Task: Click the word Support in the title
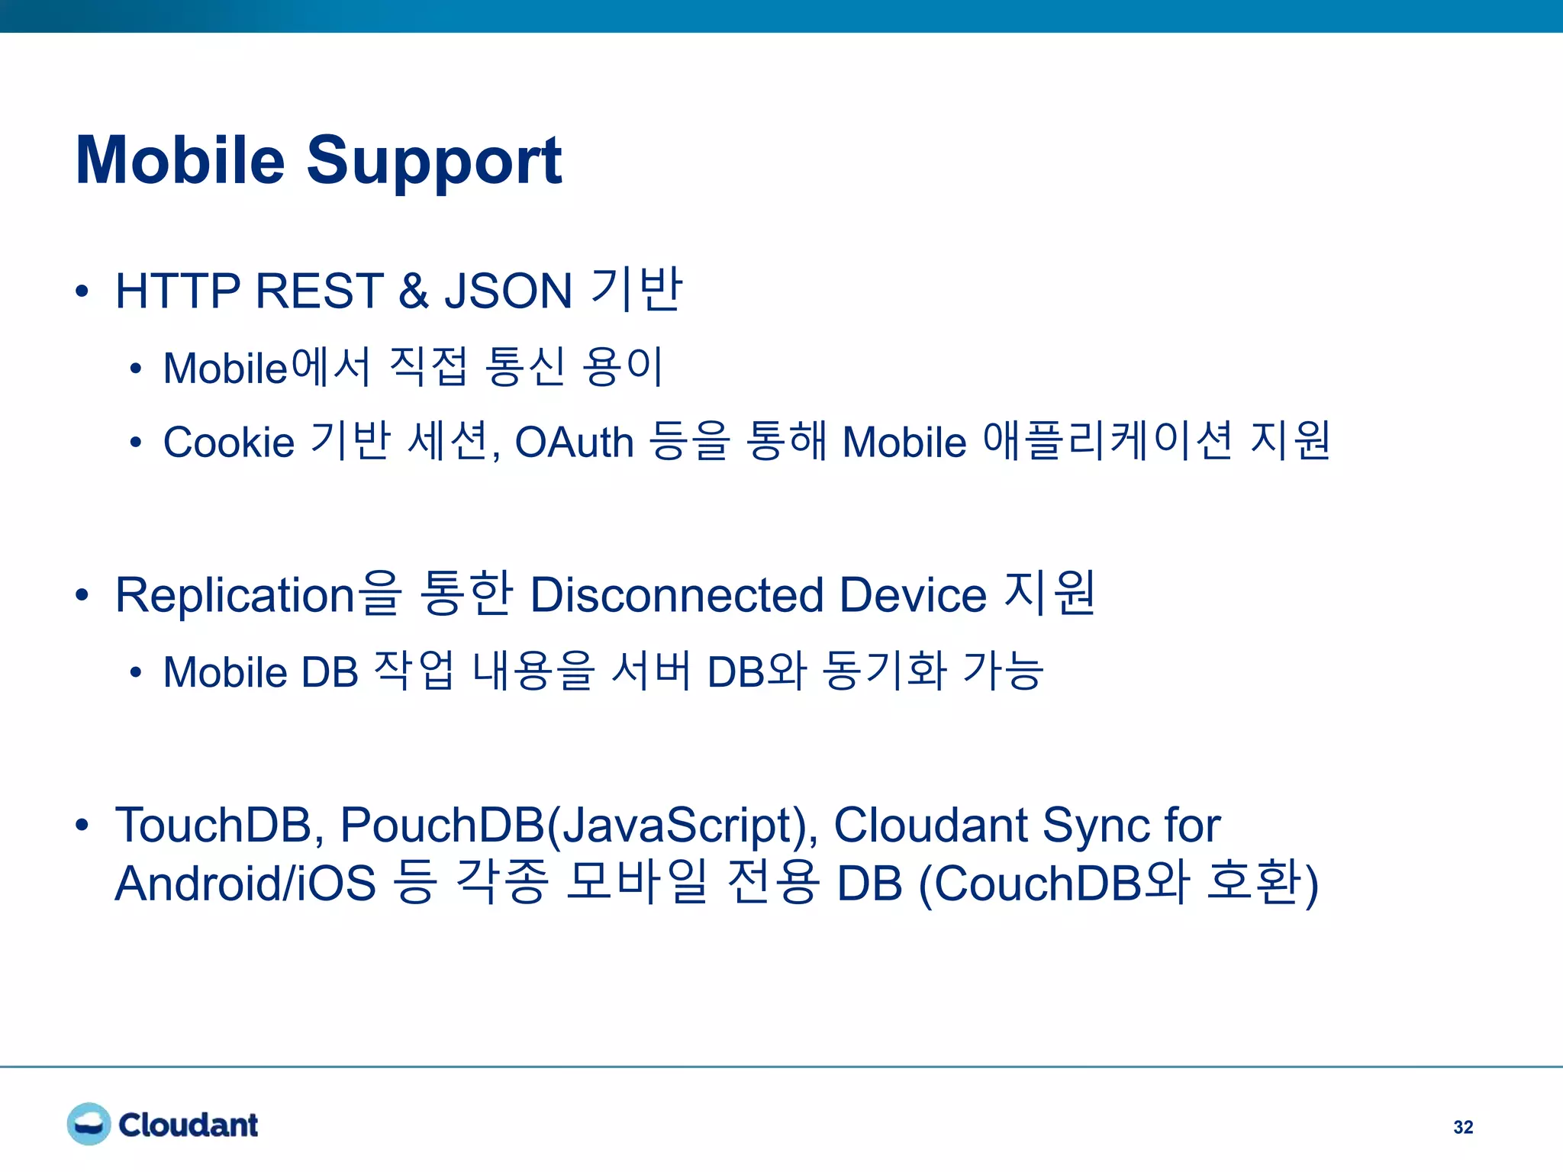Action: pos(433,162)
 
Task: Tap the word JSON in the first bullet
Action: pos(508,291)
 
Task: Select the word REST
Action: pos(319,291)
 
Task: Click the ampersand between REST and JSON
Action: pos(413,291)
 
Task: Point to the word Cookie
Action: pos(229,443)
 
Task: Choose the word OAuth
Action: pos(574,443)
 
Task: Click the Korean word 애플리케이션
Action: pos(1107,441)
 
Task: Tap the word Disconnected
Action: pos(676,595)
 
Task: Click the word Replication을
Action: pos(258,595)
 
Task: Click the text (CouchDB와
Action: pos(1053,884)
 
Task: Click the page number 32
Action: pos(1463,1127)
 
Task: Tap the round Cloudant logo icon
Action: pos(89,1124)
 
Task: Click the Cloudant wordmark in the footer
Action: pos(189,1125)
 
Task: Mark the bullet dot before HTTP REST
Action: pos(82,291)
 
